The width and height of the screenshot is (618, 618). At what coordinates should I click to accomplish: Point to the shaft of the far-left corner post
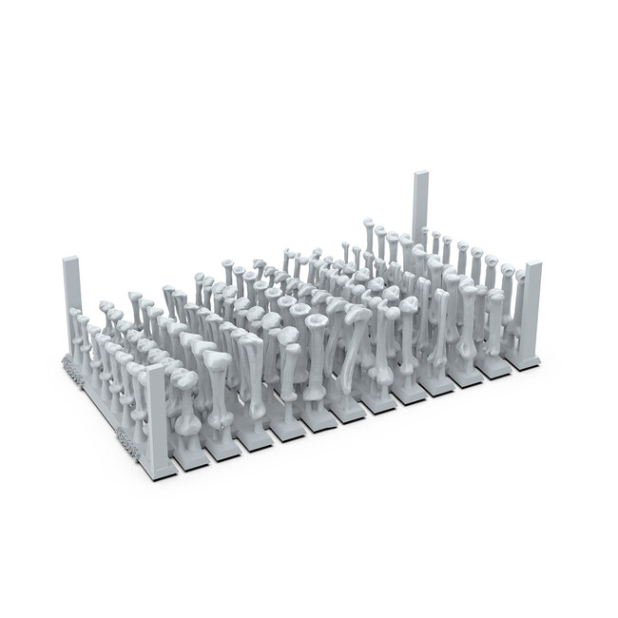tap(72, 304)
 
